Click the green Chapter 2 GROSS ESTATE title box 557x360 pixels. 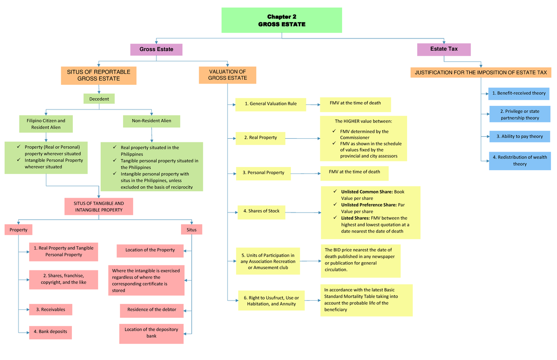[x=282, y=20]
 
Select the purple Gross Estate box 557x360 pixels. [x=156, y=50]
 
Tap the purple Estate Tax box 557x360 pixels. [x=444, y=49]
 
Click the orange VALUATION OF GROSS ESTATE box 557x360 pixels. [x=227, y=75]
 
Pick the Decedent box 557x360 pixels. [x=99, y=99]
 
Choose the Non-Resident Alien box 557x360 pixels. [x=151, y=121]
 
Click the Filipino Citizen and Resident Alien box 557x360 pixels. [x=45, y=124]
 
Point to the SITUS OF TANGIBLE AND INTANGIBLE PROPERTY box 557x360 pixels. [x=98, y=207]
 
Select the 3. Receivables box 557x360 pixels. [x=51, y=309]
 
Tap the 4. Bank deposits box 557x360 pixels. [x=51, y=332]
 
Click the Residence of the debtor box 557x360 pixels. [x=152, y=310]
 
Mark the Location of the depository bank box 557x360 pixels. [x=151, y=333]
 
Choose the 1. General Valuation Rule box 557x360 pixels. [x=271, y=104]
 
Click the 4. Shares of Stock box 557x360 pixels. [x=261, y=211]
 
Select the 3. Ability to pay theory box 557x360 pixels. [x=519, y=136]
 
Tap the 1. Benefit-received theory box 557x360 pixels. [x=518, y=93]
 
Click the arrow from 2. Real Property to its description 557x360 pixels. [x=302, y=138]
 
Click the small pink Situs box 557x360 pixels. [x=192, y=230]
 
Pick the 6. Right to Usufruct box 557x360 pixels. [x=271, y=301]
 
